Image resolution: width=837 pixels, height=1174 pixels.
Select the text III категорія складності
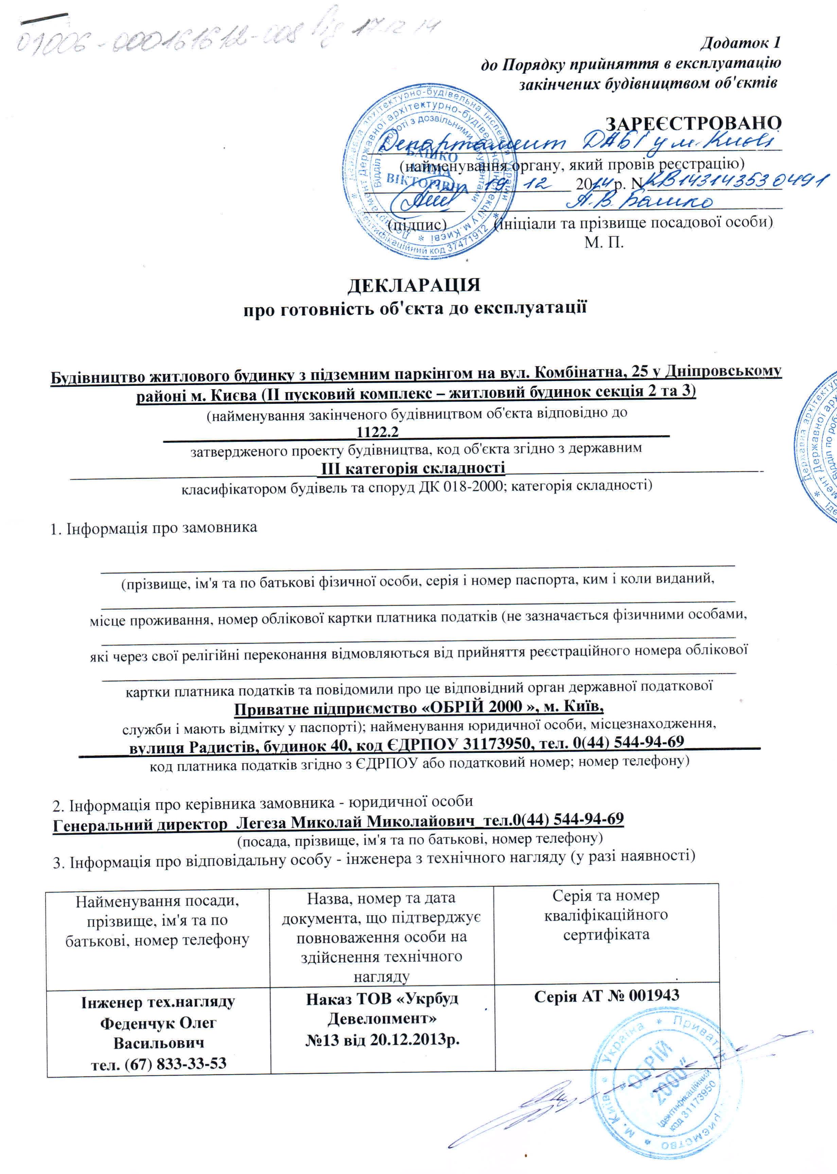tap(413, 468)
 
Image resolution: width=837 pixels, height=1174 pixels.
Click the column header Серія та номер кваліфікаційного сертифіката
tap(606, 915)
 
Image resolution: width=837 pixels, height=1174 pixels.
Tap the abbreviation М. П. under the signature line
tap(604, 242)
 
